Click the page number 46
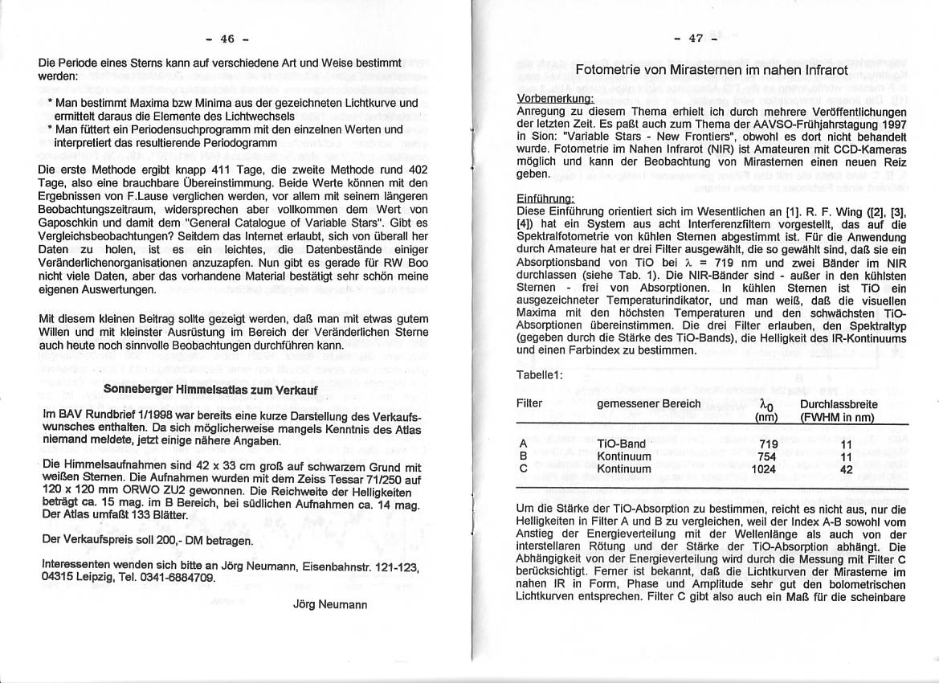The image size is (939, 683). pos(227,39)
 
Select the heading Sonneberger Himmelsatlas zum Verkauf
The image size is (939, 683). pos(211,390)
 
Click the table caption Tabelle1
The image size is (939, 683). pos(540,375)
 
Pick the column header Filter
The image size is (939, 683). pos(529,403)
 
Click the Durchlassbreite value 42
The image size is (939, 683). pos(846,469)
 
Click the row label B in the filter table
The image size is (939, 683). pos(523,456)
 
